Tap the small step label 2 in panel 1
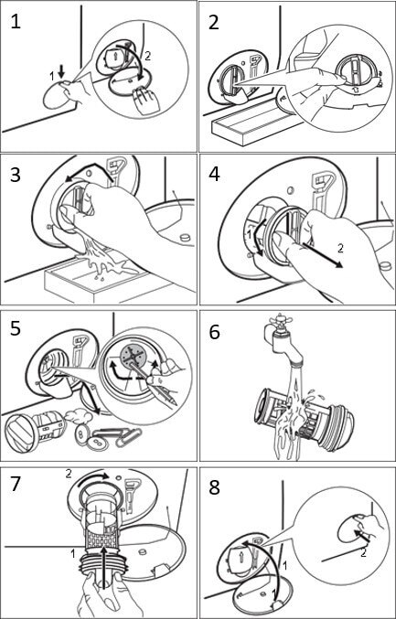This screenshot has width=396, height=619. [148, 56]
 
